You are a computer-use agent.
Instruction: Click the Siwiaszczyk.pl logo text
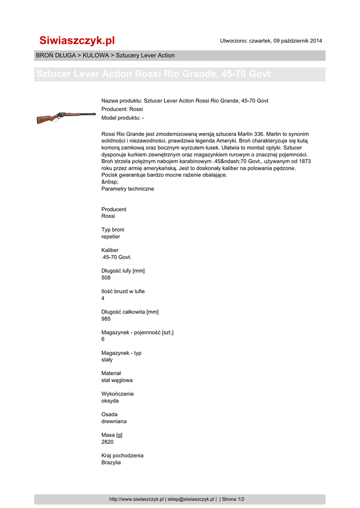point(77,40)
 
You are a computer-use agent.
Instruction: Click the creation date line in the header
point(271,41)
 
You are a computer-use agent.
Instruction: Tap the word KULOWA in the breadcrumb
point(96,55)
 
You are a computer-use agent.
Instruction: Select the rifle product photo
point(66,117)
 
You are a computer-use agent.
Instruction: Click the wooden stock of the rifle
point(46,119)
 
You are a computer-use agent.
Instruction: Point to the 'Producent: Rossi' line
point(122,109)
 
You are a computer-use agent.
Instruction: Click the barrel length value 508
point(106,278)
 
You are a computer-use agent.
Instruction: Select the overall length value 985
point(106,319)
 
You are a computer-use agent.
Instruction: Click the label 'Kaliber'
point(110,251)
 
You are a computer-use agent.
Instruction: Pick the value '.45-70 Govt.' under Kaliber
point(116,257)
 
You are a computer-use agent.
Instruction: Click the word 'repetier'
point(111,237)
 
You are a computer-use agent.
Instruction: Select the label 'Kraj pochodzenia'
point(122,455)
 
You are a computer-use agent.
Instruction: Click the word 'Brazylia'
point(111,462)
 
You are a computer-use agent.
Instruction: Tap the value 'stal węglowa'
point(117,381)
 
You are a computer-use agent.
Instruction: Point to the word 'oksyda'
point(110,401)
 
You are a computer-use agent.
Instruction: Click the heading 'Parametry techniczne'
point(128,189)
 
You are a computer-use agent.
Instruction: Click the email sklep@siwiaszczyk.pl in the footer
point(191,499)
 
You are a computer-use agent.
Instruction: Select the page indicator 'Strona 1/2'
point(233,499)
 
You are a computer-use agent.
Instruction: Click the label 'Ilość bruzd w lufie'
point(123,291)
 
